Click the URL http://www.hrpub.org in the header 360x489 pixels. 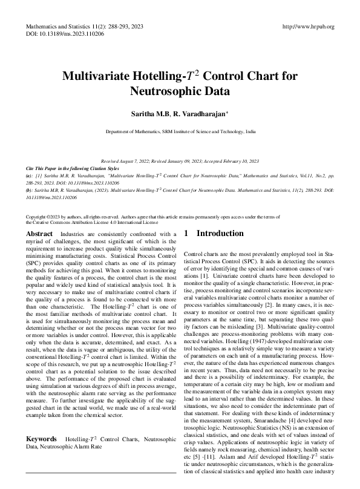[309, 27]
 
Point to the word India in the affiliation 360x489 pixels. [250, 131]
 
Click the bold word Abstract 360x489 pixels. [40, 233]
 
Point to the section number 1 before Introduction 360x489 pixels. [186, 233]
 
